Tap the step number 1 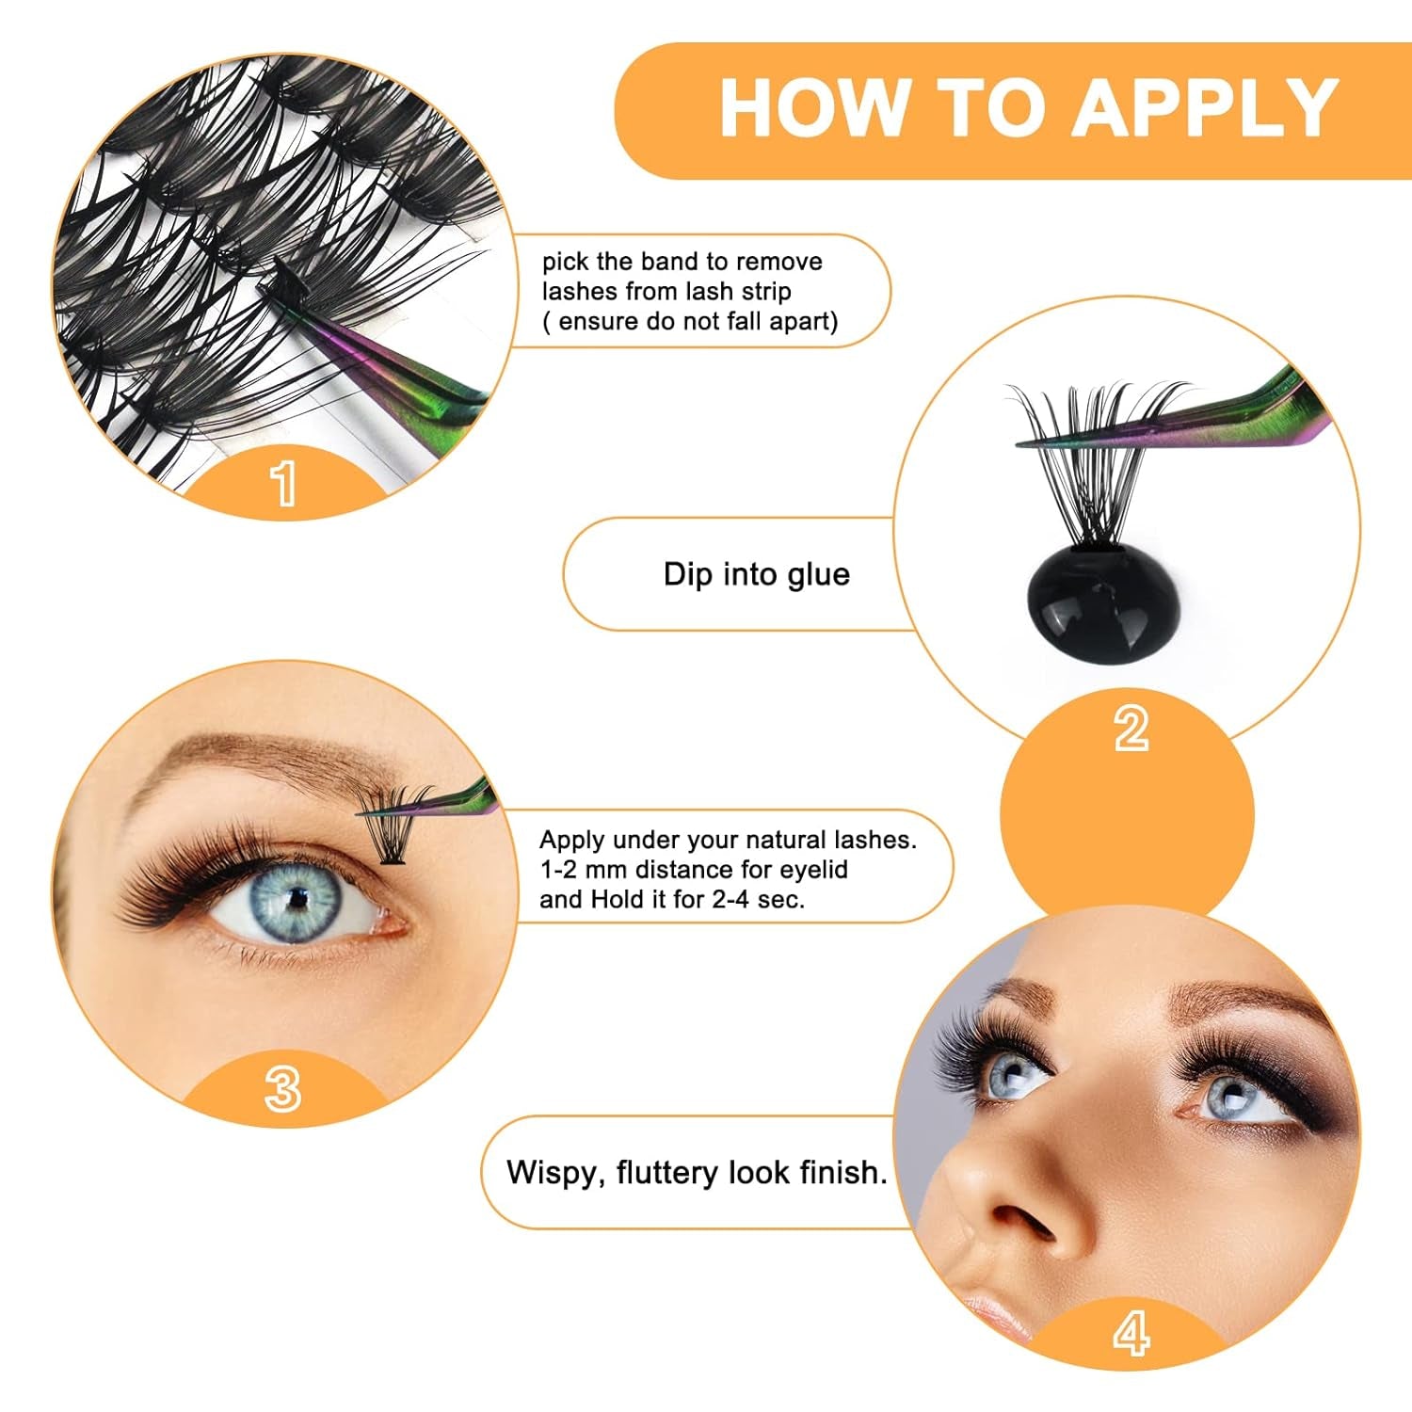[283, 484]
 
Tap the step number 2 [1131, 729]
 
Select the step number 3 [282, 1089]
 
